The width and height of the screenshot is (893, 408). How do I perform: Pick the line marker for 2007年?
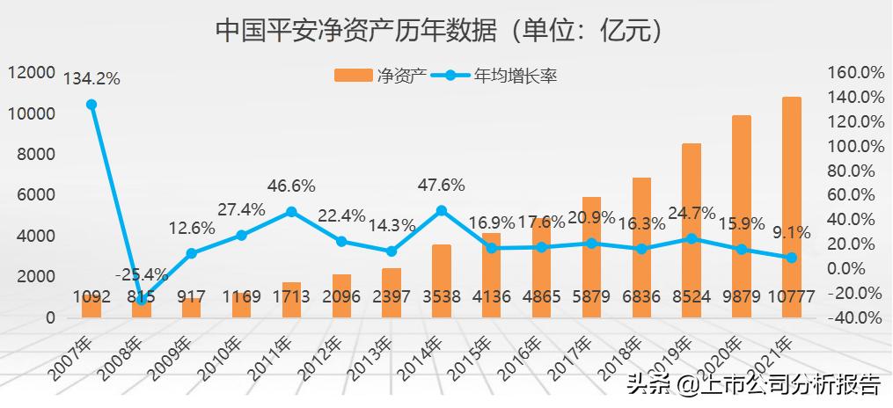click(x=91, y=105)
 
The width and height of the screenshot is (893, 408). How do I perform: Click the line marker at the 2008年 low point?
click(x=142, y=300)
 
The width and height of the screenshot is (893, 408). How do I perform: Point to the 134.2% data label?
click(x=91, y=78)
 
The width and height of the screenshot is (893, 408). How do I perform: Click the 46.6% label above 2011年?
click(x=290, y=186)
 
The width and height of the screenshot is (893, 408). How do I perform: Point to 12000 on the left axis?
click(x=33, y=72)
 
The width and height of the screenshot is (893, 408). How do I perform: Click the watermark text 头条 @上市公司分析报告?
click(x=752, y=384)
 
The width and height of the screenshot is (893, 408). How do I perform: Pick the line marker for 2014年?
click(x=442, y=210)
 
